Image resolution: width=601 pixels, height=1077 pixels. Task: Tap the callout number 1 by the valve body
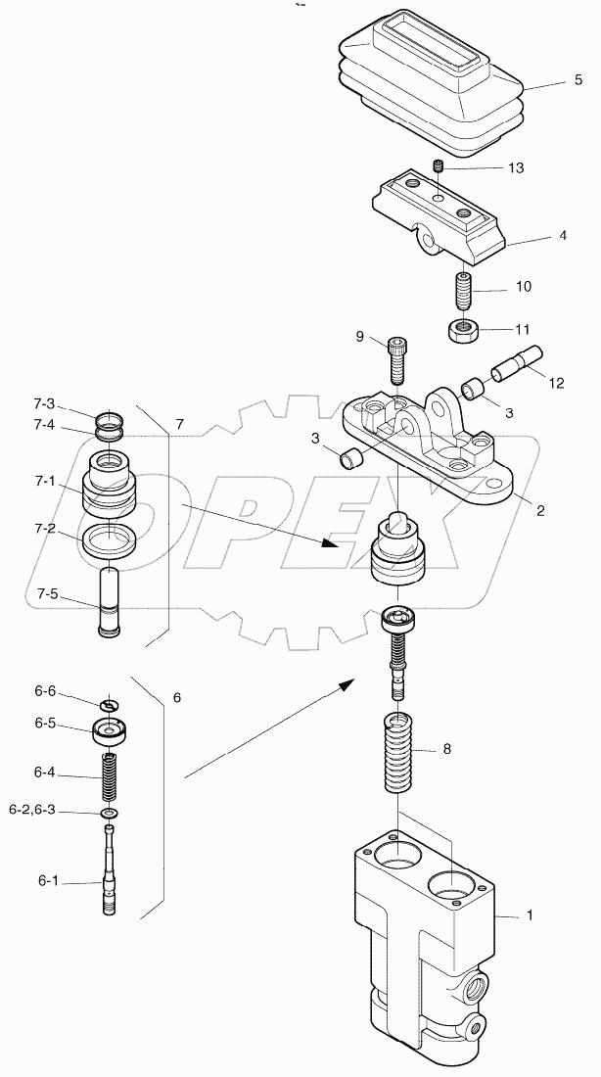pos(530,915)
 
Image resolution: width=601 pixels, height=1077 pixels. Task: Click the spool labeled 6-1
pos(111,871)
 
